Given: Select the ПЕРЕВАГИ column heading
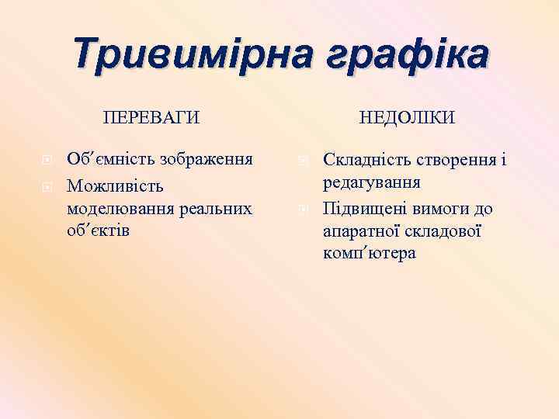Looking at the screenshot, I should click(x=151, y=117).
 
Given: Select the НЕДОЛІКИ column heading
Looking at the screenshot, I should click(x=407, y=117).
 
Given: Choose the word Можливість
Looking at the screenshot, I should click(x=116, y=186).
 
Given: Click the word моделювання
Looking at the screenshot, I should click(x=120, y=209).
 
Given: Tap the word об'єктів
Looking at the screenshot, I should click(x=99, y=232).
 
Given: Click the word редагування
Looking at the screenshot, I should click(x=372, y=183).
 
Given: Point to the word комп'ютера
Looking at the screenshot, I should click(x=370, y=254).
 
